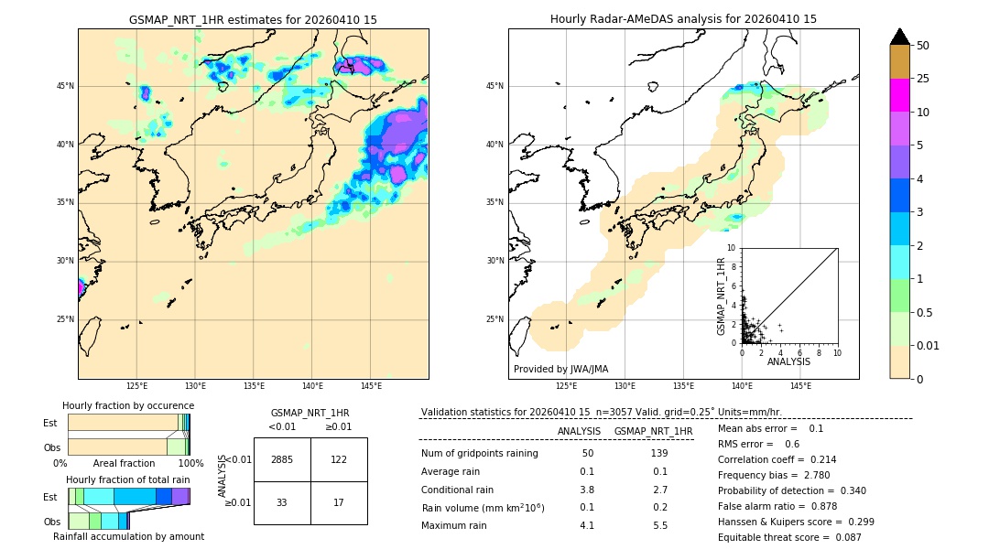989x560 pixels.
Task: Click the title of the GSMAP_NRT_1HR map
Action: (x=253, y=19)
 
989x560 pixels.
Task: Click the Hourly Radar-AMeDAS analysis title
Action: (x=683, y=19)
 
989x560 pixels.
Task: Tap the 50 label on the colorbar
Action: (x=923, y=45)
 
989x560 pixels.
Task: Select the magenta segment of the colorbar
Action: (x=899, y=95)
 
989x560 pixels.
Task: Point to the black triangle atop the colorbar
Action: (x=899, y=37)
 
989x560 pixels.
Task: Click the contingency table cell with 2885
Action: (x=282, y=459)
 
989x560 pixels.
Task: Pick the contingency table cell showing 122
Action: (x=339, y=459)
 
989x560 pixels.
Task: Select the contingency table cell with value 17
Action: (x=339, y=502)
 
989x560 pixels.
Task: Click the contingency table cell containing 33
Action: (x=282, y=502)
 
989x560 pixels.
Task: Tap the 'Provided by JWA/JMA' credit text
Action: (x=560, y=369)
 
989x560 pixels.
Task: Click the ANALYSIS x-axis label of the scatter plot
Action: (x=788, y=362)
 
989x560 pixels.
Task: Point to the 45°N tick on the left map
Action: (x=65, y=86)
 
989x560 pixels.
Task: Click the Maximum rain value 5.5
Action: (x=659, y=525)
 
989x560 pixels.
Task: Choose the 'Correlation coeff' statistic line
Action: (x=777, y=460)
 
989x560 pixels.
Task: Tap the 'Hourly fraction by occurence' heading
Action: (x=128, y=405)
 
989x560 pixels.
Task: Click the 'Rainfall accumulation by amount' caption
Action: (x=128, y=536)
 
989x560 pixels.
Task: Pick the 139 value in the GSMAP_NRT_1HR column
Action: (x=659, y=454)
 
